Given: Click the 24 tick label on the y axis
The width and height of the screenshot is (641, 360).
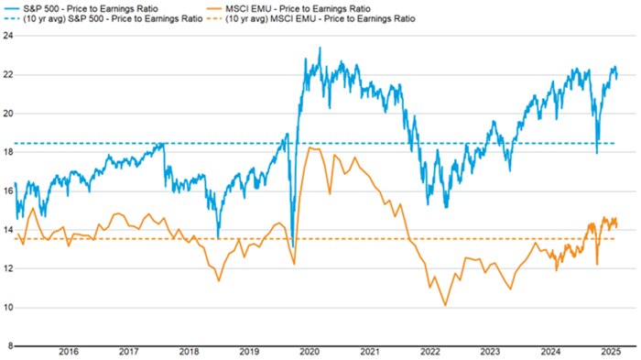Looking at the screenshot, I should click(7, 36).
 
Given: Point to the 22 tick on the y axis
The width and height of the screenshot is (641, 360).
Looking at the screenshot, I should click(7, 74).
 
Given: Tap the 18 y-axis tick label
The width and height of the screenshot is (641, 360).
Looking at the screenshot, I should click(7, 152).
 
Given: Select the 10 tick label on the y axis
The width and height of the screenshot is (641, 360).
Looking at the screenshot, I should click(7, 307).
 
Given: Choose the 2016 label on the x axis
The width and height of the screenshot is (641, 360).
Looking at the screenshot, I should click(69, 351).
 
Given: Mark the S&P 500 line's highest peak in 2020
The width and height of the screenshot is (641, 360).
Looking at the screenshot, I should click(320, 48).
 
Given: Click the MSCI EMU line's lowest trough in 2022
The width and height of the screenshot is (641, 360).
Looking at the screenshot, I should click(445, 305).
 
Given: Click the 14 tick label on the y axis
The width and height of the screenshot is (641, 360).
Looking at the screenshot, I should click(7, 230).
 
